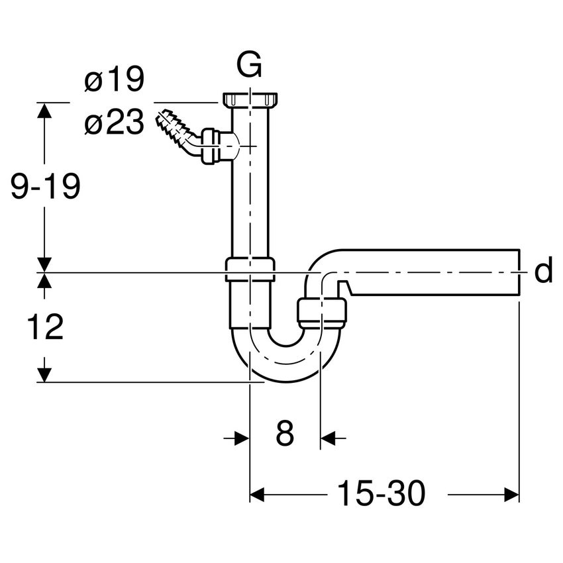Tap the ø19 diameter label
pos(114,79)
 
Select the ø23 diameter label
pos(114,122)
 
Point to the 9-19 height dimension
pos(45,186)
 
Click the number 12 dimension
pos(45,327)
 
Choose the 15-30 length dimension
pos(382,493)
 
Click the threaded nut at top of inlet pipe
pos(250,100)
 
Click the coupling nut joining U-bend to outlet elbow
pos(322,313)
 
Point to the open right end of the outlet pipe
pos(519,271)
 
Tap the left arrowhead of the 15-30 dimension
pos(257,494)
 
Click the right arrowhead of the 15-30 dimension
pos(511,494)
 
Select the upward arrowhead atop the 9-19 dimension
pos(44,110)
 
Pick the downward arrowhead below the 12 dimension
pos(44,375)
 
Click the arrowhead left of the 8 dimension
pos(242,438)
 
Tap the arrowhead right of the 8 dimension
pos(328,438)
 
